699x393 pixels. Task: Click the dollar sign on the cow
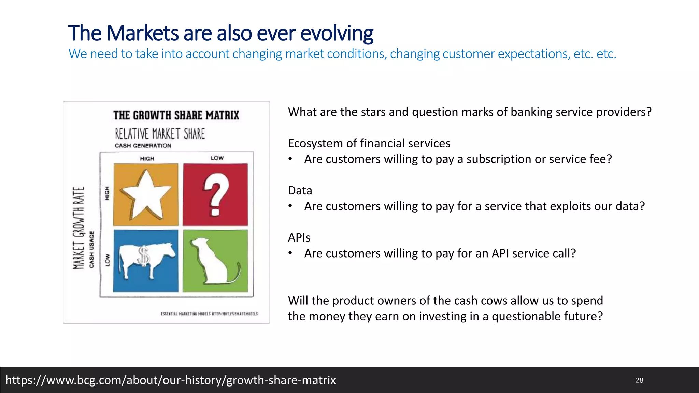click(x=144, y=256)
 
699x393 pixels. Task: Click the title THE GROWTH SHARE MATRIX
click(x=176, y=115)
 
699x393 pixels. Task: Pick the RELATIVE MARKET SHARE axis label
click(x=160, y=134)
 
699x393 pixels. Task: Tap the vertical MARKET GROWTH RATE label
click(x=79, y=228)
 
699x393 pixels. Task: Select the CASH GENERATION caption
click(x=143, y=146)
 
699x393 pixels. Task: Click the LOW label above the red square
click(x=217, y=158)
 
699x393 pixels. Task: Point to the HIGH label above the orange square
click(x=147, y=159)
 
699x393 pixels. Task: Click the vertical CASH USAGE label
click(x=91, y=249)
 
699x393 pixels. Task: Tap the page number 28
click(x=639, y=380)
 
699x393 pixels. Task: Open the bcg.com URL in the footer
click(x=171, y=380)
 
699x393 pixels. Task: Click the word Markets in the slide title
click(x=142, y=33)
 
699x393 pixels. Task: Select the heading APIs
click(x=299, y=237)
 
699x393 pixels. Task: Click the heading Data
click(x=300, y=190)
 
